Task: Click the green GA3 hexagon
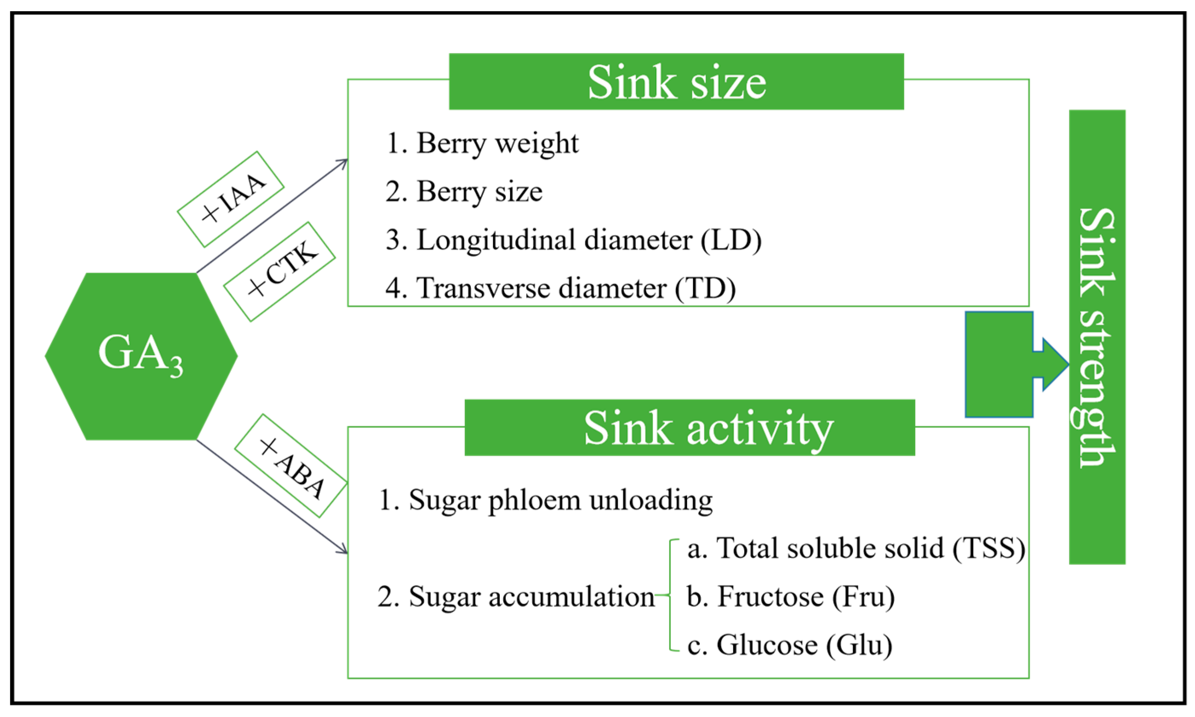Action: (141, 356)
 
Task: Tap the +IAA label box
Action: (230, 199)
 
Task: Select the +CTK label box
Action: (279, 271)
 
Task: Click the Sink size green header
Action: (676, 82)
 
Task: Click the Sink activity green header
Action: (690, 428)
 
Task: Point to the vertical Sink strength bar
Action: (1097, 337)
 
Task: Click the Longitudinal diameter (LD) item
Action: (574, 240)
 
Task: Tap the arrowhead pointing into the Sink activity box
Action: (343, 550)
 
